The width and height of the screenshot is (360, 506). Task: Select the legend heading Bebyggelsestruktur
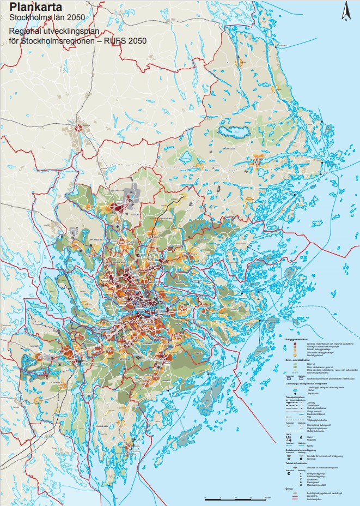(x=296, y=339)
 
